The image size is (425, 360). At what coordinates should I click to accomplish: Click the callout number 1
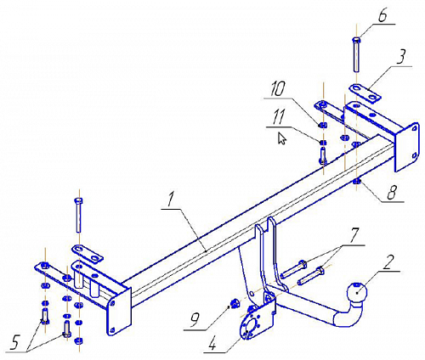pyautogui.click(x=170, y=200)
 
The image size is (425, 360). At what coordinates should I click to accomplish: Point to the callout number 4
pyautogui.click(x=212, y=345)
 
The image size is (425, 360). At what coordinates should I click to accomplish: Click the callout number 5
pyautogui.click(x=14, y=343)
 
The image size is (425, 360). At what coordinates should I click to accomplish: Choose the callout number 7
pyautogui.click(x=355, y=235)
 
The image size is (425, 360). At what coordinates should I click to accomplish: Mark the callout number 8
pyautogui.click(x=393, y=194)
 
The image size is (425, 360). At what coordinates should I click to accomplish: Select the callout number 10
pyautogui.click(x=277, y=89)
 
